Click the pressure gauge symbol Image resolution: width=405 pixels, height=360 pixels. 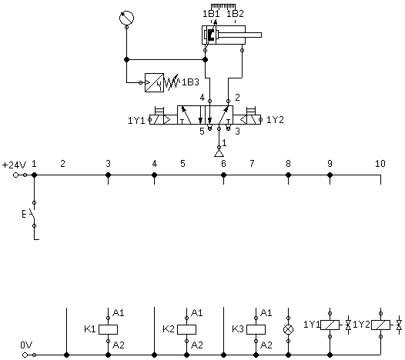pos(126,18)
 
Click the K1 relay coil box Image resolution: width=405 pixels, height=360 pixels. pos(109,329)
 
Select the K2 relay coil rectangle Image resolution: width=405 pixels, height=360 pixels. pos(187,329)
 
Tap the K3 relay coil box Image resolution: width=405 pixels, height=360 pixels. pos(256,329)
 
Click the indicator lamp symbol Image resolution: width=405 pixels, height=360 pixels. pos(289,329)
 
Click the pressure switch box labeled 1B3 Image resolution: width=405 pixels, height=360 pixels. pos(154,82)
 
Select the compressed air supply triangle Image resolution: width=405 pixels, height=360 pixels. pos(219,154)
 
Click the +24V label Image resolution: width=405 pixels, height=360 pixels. pos(14,165)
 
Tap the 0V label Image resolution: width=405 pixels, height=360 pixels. pos(26,345)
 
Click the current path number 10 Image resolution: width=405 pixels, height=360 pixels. pos(380,163)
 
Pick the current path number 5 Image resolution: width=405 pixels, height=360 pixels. pos(183,163)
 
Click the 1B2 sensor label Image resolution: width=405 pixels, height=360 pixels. pos(235,14)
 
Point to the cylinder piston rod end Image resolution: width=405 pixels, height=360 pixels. pos(261,35)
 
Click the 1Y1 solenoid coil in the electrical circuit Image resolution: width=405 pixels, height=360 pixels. pos(330,325)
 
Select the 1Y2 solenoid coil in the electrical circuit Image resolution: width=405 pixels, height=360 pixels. pos(380,325)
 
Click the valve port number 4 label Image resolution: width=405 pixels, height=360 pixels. pos(202,98)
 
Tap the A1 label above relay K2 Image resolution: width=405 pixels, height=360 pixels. pos(197,313)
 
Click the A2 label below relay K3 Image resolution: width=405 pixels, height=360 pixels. pos(266,345)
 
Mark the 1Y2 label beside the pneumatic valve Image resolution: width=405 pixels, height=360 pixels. pos(275,120)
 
